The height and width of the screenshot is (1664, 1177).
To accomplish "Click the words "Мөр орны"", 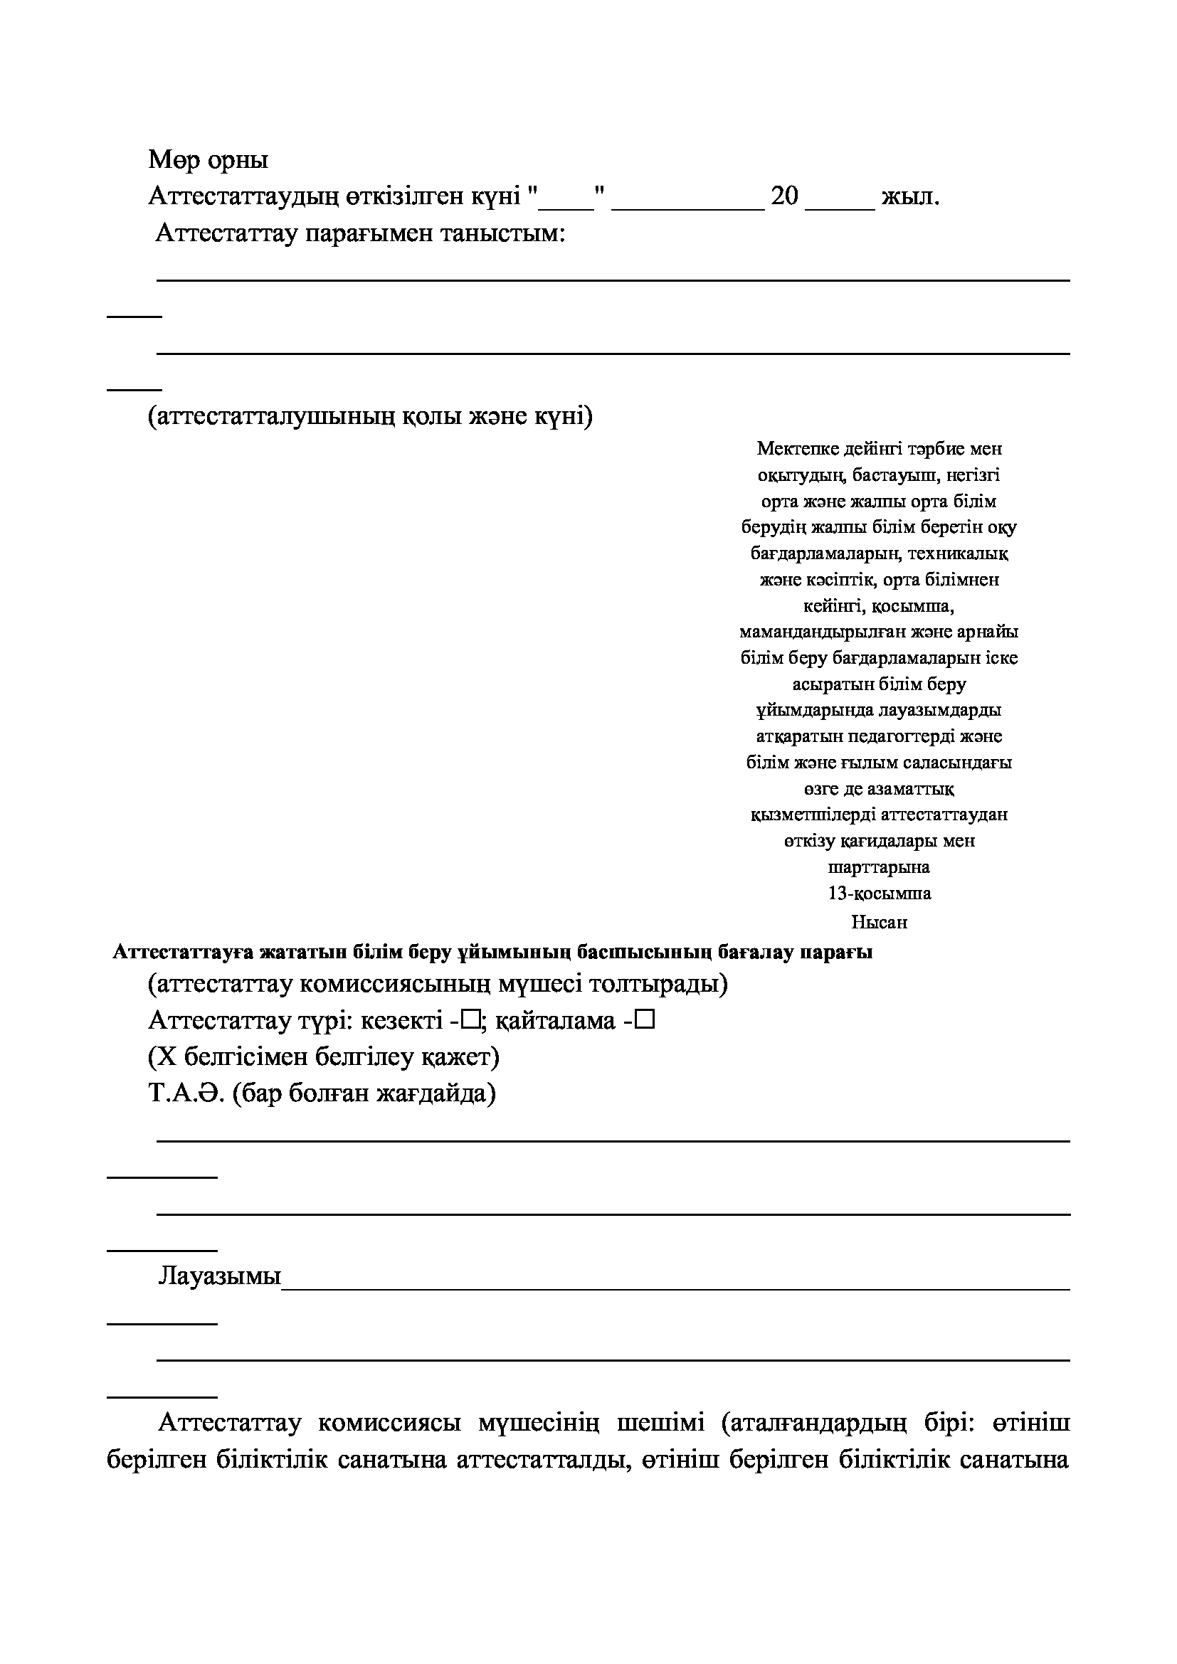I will click(208, 159).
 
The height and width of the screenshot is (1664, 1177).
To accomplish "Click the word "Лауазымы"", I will click(220, 1276).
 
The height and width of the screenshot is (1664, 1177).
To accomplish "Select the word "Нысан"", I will click(878, 923).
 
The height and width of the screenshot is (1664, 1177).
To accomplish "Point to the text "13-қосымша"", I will click(879, 894).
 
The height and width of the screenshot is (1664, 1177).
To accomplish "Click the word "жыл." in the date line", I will click(909, 196).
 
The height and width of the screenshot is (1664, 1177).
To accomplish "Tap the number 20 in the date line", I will click(784, 196).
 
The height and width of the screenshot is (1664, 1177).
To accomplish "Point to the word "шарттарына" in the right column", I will click(878, 867).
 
